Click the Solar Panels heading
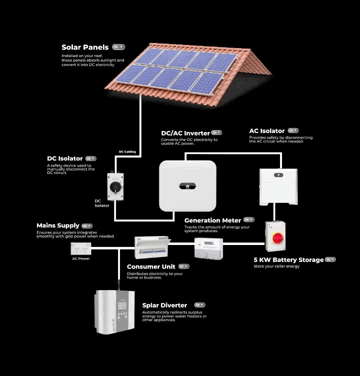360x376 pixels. pos(85,47)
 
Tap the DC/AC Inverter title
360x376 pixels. pos(185,133)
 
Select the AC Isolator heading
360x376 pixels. pos(267,131)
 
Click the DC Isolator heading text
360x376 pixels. pos(65,158)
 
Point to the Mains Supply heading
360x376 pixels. pos(58,225)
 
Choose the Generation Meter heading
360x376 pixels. pos(212,220)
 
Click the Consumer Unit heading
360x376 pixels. pos(151,266)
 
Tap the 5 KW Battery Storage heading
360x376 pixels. pos(288,260)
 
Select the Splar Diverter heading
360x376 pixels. pos(164,305)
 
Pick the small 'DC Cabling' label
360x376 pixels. pos(127,151)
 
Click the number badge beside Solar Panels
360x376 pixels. pos(118,47)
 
